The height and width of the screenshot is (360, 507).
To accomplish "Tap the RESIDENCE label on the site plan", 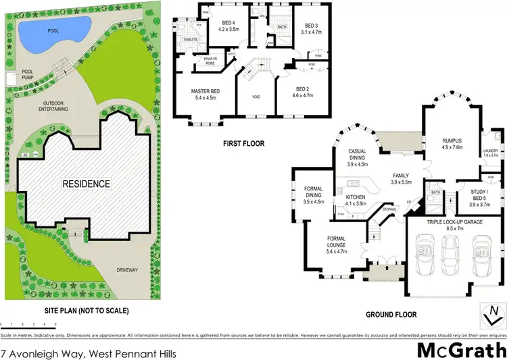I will tap(86, 183).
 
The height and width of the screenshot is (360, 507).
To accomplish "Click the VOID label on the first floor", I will tap(256, 97).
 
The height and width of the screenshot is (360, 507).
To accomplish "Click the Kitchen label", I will tap(356, 200).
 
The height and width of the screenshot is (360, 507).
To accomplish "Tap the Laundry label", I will tap(491, 153).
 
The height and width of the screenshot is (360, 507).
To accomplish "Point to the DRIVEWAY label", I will tap(127, 270).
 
